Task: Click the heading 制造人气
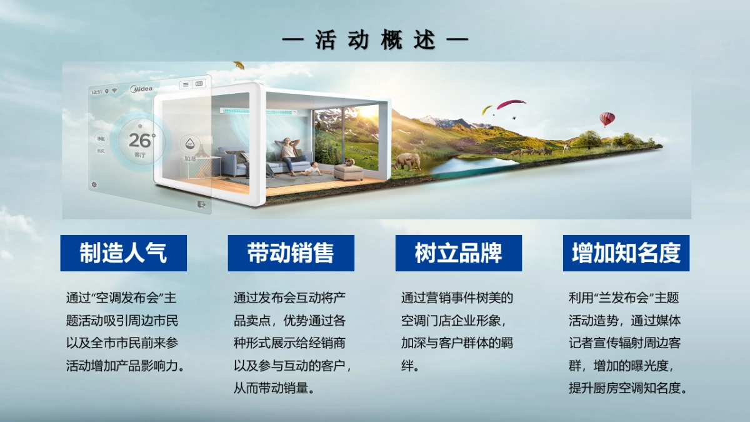click(123, 253)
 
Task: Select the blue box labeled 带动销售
click(291, 253)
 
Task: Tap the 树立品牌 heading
click(458, 253)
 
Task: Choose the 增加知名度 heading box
click(626, 253)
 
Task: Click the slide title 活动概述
click(375, 41)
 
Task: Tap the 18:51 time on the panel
click(96, 92)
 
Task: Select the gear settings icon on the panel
click(94, 184)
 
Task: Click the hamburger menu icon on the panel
click(186, 84)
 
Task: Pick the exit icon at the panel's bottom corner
click(201, 203)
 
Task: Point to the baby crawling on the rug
click(313, 169)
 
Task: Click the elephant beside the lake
click(407, 161)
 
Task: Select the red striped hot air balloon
click(607, 118)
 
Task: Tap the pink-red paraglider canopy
click(511, 103)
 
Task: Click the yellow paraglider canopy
click(487, 109)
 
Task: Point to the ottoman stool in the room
click(348, 171)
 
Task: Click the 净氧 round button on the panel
click(101, 138)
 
